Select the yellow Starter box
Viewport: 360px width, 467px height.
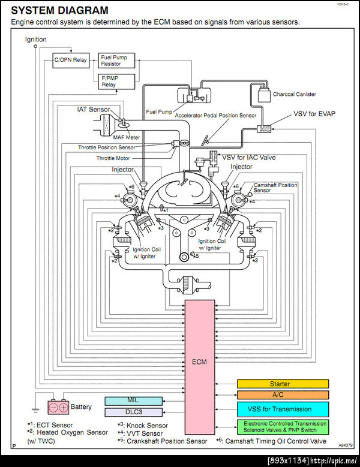[283, 384]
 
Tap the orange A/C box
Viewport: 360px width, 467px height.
[283, 395]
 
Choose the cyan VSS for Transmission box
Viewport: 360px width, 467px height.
[283, 409]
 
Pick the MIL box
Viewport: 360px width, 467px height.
[133, 400]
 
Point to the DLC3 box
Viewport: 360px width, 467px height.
[133, 412]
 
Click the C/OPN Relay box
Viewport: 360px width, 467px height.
[70, 61]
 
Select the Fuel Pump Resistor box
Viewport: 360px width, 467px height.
[116, 61]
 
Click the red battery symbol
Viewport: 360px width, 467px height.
[59, 407]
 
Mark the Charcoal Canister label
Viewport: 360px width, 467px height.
[294, 94]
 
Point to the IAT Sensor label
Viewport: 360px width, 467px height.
[93, 110]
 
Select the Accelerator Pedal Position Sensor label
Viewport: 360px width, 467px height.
[215, 115]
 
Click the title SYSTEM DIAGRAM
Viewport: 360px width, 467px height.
[60, 10]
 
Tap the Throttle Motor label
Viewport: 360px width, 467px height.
[113, 158]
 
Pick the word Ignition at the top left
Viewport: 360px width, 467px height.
[35, 40]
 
